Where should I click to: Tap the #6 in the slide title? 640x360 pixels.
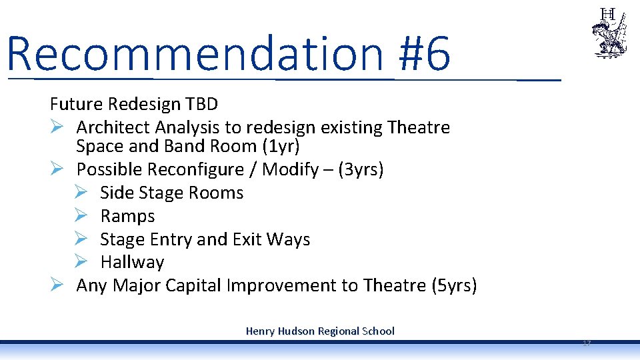pyautogui.click(x=424, y=53)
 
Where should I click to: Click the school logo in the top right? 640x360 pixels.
pyautogui.click(x=608, y=33)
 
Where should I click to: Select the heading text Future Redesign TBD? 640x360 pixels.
pyautogui.click(x=133, y=105)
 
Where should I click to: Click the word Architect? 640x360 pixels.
pyautogui.click(x=113, y=127)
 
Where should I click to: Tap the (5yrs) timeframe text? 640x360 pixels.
pyautogui.click(x=454, y=285)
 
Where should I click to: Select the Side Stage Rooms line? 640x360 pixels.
pyautogui.click(x=171, y=193)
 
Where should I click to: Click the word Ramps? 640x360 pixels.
pyautogui.click(x=127, y=216)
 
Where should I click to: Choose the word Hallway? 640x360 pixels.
pyautogui.click(x=132, y=262)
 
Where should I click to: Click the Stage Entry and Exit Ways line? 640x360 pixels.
pyautogui.click(x=205, y=239)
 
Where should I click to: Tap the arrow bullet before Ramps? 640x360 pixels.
pyautogui.click(x=80, y=216)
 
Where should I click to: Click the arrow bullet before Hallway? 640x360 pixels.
pyautogui.click(x=80, y=262)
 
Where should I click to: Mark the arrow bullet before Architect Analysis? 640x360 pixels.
pyautogui.click(x=57, y=127)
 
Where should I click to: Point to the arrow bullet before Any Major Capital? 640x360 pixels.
pyautogui.click(x=57, y=285)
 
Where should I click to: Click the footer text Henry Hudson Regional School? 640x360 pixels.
pyautogui.click(x=320, y=331)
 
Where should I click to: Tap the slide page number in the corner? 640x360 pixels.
pyautogui.click(x=587, y=343)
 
